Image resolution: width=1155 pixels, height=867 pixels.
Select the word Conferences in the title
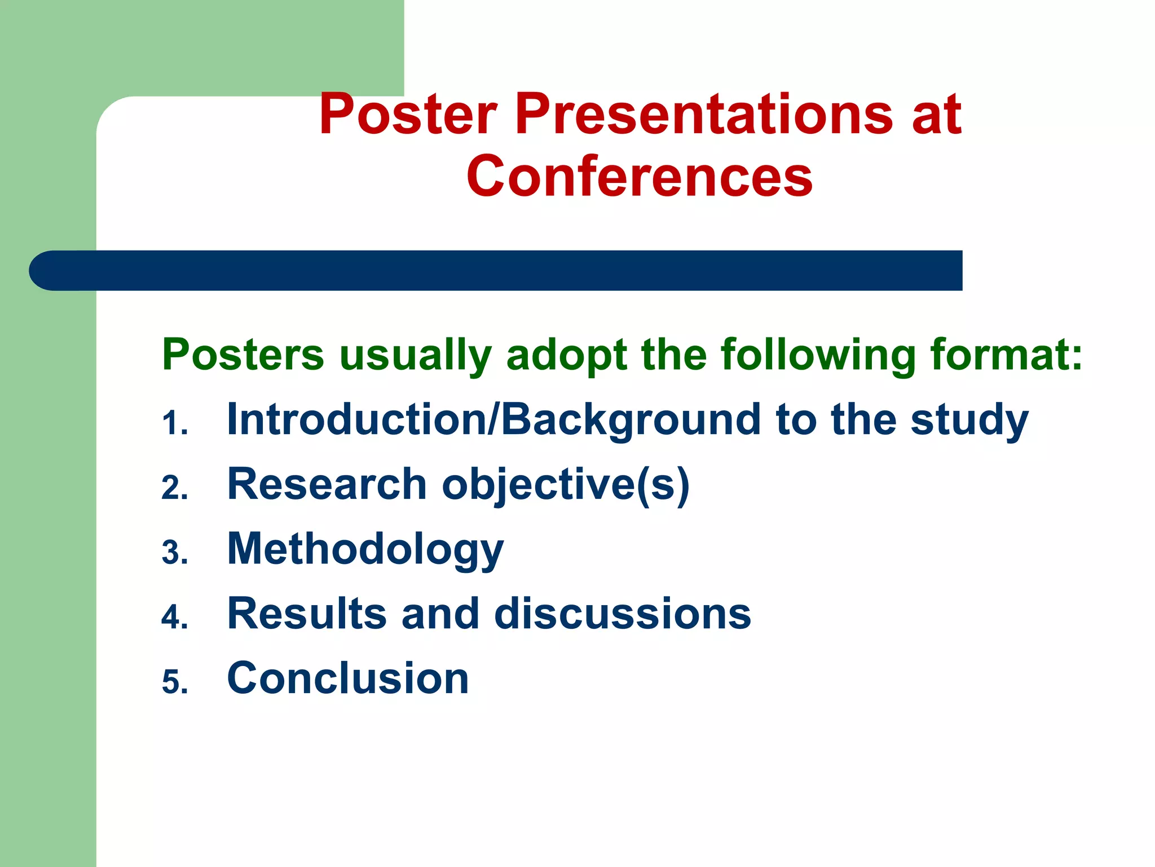(640, 177)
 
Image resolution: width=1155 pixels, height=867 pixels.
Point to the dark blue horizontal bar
(496, 270)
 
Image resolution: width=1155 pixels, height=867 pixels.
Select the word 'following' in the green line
(818, 356)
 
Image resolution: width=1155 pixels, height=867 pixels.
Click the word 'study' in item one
(969, 421)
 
